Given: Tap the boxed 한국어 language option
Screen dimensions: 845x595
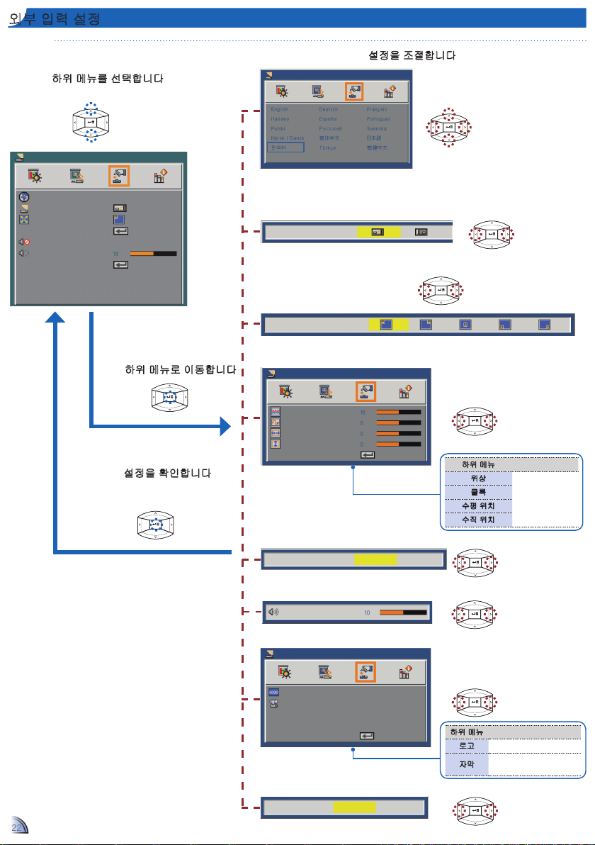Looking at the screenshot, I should point(285,147).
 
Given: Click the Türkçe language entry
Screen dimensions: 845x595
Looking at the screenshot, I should point(329,147).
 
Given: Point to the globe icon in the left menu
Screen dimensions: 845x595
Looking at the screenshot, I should point(24,196).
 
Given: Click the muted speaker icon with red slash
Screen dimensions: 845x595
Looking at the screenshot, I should point(24,242).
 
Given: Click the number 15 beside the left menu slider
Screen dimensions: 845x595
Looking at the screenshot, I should point(115,253).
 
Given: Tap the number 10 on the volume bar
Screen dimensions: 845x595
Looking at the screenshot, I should point(367,612).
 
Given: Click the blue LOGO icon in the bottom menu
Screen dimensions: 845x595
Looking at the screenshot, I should point(273,691).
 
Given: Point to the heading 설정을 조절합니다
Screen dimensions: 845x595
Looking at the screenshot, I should point(412,55).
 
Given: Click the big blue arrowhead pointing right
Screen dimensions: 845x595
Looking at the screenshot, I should point(225,427).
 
